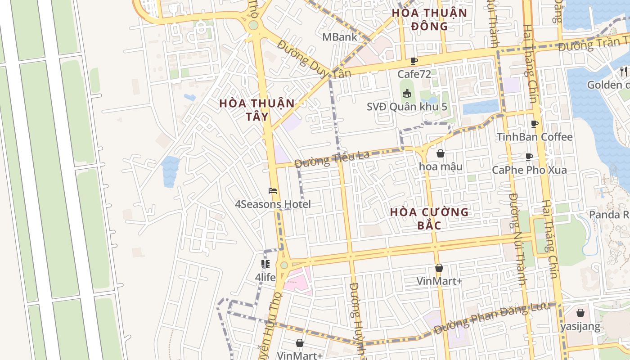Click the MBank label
click(340, 37)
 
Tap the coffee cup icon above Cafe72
click(414, 61)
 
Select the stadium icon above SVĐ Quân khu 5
click(407, 94)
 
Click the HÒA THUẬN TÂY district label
click(257, 110)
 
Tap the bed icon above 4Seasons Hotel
click(273, 191)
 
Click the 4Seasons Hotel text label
click(273, 204)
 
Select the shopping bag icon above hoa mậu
click(441, 153)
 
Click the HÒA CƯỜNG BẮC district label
click(429, 218)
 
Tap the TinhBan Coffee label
click(535, 137)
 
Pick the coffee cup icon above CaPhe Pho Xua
click(529, 157)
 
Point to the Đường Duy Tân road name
click(314, 59)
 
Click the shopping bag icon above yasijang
click(580, 313)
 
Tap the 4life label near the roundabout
click(265, 278)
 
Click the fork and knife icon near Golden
click(623, 71)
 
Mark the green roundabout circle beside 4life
click(284, 265)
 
